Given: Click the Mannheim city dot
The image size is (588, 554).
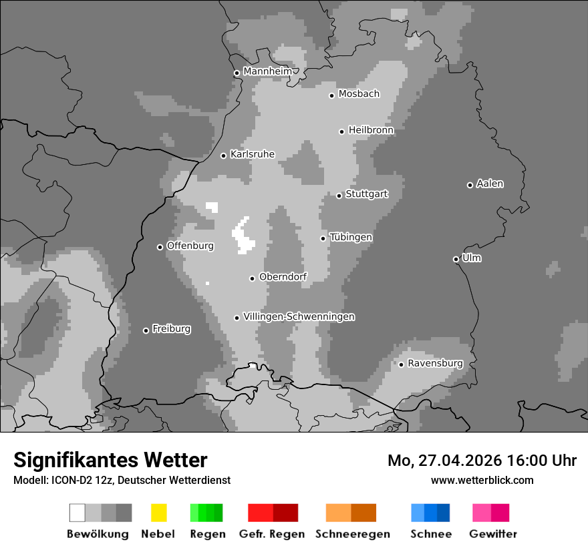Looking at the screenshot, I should click(x=237, y=73).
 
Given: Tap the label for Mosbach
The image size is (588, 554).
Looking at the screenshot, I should click(x=359, y=94).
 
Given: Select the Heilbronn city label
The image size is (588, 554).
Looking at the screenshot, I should click(x=371, y=130).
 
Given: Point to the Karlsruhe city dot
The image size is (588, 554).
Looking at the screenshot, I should click(x=224, y=156).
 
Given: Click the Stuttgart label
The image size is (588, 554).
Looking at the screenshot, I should click(x=366, y=194).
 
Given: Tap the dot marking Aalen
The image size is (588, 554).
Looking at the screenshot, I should click(x=470, y=185).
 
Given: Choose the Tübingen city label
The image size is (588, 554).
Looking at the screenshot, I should click(x=351, y=238).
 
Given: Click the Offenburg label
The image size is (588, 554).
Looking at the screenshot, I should click(x=190, y=246).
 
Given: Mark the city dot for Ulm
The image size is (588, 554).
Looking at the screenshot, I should click(x=456, y=259).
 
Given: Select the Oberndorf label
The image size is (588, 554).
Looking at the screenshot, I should click(x=283, y=277).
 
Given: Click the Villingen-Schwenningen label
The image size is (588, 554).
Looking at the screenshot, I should click(x=299, y=316).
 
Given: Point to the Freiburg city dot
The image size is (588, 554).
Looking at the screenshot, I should click(x=146, y=330).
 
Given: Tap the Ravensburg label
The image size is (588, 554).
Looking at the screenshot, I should click(x=435, y=363).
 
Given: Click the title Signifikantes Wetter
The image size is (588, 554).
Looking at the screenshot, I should click(x=110, y=460).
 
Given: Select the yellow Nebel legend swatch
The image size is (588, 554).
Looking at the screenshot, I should click(x=158, y=513).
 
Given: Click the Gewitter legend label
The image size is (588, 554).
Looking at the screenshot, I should click(x=493, y=534).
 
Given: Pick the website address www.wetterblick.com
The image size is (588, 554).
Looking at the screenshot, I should click(x=482, y=480).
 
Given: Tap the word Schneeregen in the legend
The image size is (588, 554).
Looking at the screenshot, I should click(x=352, y=534).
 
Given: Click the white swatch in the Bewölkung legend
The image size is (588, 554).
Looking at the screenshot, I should click(x=77, y=513).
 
